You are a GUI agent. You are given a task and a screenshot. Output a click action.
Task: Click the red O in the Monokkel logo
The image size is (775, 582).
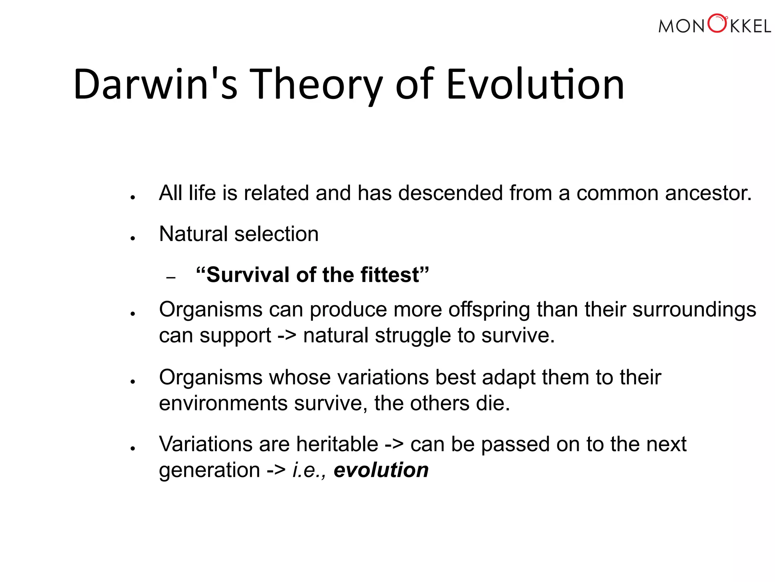717,23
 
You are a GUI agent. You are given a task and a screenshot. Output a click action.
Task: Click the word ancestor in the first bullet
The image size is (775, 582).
708,193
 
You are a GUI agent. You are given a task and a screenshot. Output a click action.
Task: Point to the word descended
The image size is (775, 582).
450,193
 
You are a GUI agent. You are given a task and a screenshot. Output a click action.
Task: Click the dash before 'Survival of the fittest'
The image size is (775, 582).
171,278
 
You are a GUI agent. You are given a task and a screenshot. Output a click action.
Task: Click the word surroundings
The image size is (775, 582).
694,310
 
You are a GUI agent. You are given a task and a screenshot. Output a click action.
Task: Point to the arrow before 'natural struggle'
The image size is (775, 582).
287,336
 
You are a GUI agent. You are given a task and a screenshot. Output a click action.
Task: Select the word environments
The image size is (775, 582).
223,403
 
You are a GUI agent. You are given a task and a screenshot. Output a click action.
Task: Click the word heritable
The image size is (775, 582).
337,444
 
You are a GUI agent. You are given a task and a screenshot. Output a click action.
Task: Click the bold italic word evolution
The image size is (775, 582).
381,470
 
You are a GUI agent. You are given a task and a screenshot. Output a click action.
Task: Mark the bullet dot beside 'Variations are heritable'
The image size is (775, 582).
132,449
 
